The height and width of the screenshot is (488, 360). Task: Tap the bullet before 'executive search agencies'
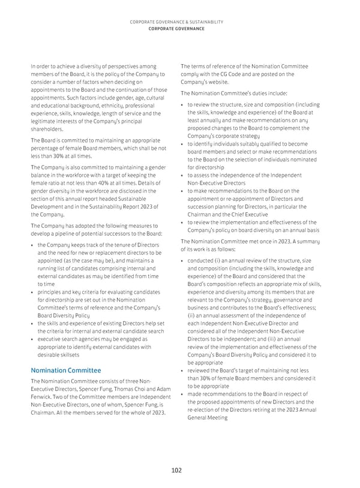(32, 339)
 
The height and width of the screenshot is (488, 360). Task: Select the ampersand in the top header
(182, 22)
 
